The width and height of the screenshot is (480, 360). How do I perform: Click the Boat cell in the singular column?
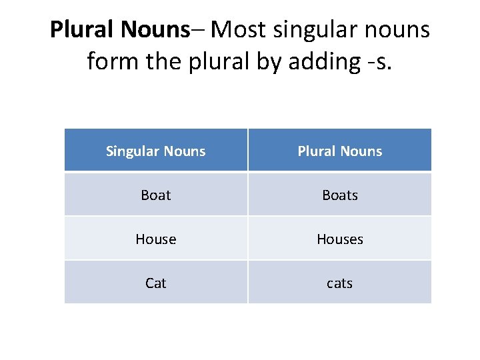click(x=156, y=195)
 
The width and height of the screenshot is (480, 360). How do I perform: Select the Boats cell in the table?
click(x=340, y=195)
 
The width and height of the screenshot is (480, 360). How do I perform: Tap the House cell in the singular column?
click(x=156, y=239)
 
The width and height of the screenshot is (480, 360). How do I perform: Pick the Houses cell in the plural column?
click(x=340, y=239)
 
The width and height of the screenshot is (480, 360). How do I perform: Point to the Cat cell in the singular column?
click(x=156, y=283)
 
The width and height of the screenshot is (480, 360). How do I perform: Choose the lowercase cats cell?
click(x=340, y=283)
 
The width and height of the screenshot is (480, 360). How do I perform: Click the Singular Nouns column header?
click(x=156, y=151)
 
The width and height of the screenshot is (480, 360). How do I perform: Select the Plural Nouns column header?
click(x=340, y=151)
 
